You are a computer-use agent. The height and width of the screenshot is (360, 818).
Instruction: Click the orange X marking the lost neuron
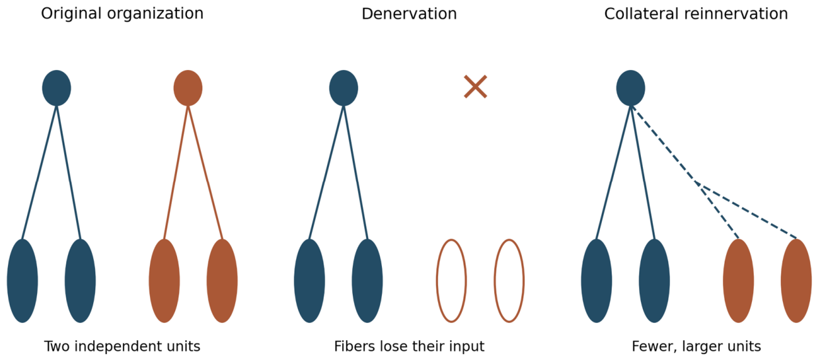[475, 87]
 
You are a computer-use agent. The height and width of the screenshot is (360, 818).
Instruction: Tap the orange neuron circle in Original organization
[188, 88]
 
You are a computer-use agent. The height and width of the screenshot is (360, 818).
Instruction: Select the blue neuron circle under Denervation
[344, 88]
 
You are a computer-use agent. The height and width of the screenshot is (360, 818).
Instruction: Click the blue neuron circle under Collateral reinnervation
[630, 88]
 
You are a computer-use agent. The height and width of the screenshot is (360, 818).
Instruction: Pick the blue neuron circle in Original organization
[57, 88]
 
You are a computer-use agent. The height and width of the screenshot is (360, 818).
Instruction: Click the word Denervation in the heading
[409, 14]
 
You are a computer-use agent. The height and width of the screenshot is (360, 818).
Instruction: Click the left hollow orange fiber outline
[437, 281]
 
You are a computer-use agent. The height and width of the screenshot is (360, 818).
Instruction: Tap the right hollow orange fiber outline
[495, 281]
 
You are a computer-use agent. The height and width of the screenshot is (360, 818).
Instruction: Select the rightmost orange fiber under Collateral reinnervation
[796, 281]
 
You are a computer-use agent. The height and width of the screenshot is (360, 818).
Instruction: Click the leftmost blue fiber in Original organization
[22, 281]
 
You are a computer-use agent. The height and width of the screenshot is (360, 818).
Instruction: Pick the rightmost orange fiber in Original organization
[222, 281]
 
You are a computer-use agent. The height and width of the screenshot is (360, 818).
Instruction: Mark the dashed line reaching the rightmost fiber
[747, 210]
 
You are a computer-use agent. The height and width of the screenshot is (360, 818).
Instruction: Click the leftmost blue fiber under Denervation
[309, 281]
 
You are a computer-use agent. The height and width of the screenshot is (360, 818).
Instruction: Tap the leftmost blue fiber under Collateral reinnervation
[597, 281]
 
